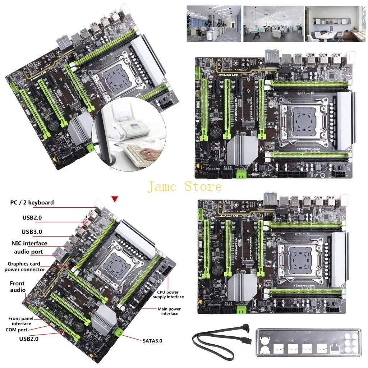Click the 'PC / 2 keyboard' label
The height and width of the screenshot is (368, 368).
(32, 203)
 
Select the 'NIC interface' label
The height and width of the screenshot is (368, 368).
(29, 243)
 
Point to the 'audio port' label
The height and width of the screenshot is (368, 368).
(28, 252)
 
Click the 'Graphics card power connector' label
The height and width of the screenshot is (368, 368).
(25, 267)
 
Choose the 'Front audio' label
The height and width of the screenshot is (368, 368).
(18, 287)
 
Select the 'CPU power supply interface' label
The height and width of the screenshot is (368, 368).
(168, 295)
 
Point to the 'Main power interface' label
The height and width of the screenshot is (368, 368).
(169, 311)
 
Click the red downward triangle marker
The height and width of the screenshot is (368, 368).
(115, 199)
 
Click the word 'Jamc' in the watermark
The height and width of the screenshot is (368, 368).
(164, 187)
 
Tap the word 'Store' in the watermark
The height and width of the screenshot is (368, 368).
(203, 187)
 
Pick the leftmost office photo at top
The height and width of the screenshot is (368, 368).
(213, 23)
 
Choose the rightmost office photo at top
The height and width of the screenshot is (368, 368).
(335, 23)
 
